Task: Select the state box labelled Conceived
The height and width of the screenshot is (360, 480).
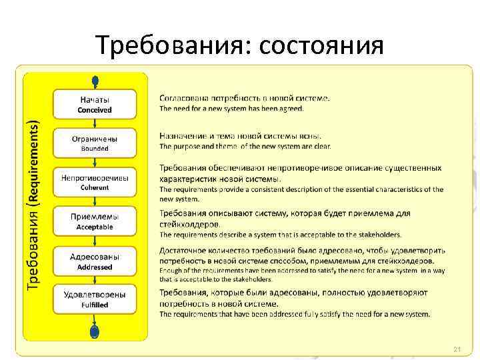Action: tap(95, 104)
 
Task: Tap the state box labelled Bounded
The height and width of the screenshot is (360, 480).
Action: tap(95, 143)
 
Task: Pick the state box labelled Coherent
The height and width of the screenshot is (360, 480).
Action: tap(95, 182)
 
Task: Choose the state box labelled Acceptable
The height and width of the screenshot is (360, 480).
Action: tap(95, 221)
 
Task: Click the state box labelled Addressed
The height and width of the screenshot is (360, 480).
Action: tap(95, 261)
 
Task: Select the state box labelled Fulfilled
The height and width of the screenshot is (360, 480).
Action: tap(95, 299)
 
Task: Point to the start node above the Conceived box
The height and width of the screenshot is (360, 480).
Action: tap(95, 81)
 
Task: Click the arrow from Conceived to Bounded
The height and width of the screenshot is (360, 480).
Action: tap(95, 124)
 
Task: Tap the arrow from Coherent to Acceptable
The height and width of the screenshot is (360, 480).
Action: tap(95, 201)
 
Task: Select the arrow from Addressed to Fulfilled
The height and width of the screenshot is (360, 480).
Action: tap(95, 280)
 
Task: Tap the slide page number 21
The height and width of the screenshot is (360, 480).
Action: tap(457, 349)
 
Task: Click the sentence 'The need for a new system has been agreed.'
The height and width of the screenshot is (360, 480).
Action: tap(231, 108)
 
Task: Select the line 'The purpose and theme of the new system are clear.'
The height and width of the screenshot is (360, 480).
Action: tap(245, 147)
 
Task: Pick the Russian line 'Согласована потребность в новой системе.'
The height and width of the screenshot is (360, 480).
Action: tap(244, 98)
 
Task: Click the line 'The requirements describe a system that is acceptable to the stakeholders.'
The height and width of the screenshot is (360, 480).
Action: tap(280, 235)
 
